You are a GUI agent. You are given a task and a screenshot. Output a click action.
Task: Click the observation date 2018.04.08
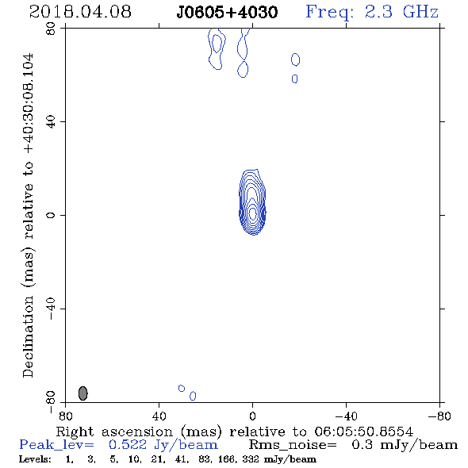click(x=80, y=12)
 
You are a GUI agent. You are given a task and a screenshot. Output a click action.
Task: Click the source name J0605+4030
click(x=227, y=13)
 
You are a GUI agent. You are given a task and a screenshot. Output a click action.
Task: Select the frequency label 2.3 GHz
click(x=401, y=12)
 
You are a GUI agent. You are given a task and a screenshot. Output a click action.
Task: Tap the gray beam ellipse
click(x=82, y=393)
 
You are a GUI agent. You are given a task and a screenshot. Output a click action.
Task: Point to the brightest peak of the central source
click(x=253, y=213)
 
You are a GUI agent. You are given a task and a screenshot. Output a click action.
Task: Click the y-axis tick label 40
click(x=51, y=122)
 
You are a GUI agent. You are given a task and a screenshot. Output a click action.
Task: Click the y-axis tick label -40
click(x=51, y=309)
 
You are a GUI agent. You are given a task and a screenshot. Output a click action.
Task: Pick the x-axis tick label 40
click(x=159, y=416)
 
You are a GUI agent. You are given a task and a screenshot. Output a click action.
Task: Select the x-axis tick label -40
click(x=346, y=416)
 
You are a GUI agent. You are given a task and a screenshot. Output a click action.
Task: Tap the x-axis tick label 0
click(x=252, y=416)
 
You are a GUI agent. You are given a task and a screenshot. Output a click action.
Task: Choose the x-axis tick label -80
click(x=439, y=416)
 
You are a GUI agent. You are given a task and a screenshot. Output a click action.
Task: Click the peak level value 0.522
click(x=128, y=445)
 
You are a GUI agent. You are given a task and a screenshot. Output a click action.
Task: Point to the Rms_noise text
click(x=293, y=445)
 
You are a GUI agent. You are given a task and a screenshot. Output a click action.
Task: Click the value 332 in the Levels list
click(x=251, y=458)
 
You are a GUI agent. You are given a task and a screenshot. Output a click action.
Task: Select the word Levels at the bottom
click(x=35, y=458)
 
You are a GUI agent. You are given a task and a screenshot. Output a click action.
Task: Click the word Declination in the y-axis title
click(x=28, y=336)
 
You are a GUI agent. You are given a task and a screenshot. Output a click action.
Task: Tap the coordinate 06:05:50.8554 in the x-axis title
click(x=364, y=432)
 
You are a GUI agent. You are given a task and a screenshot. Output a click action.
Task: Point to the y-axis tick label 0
click(x=51, y=215)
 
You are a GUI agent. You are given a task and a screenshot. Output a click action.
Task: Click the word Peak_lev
click(x=56, y=445)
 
